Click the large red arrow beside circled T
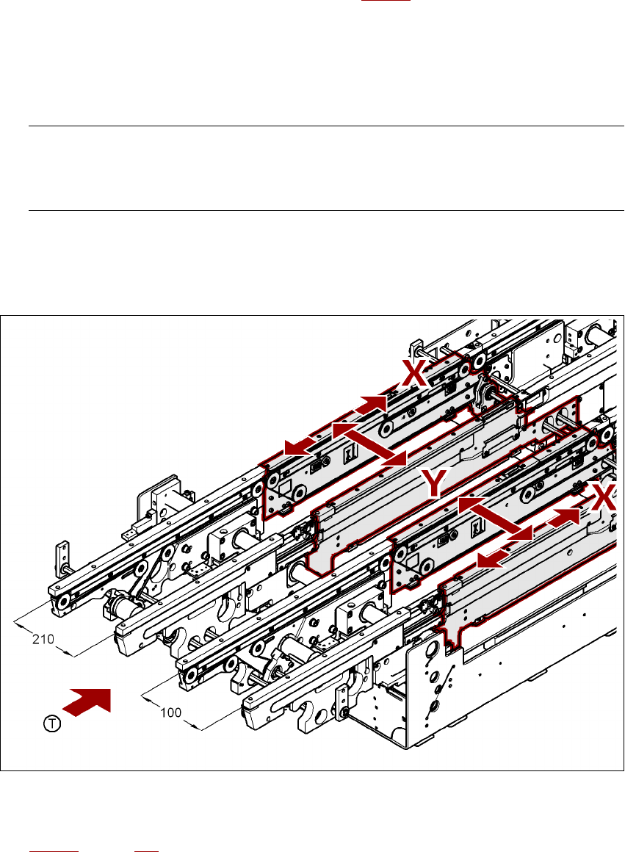click(x=88, y=701)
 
